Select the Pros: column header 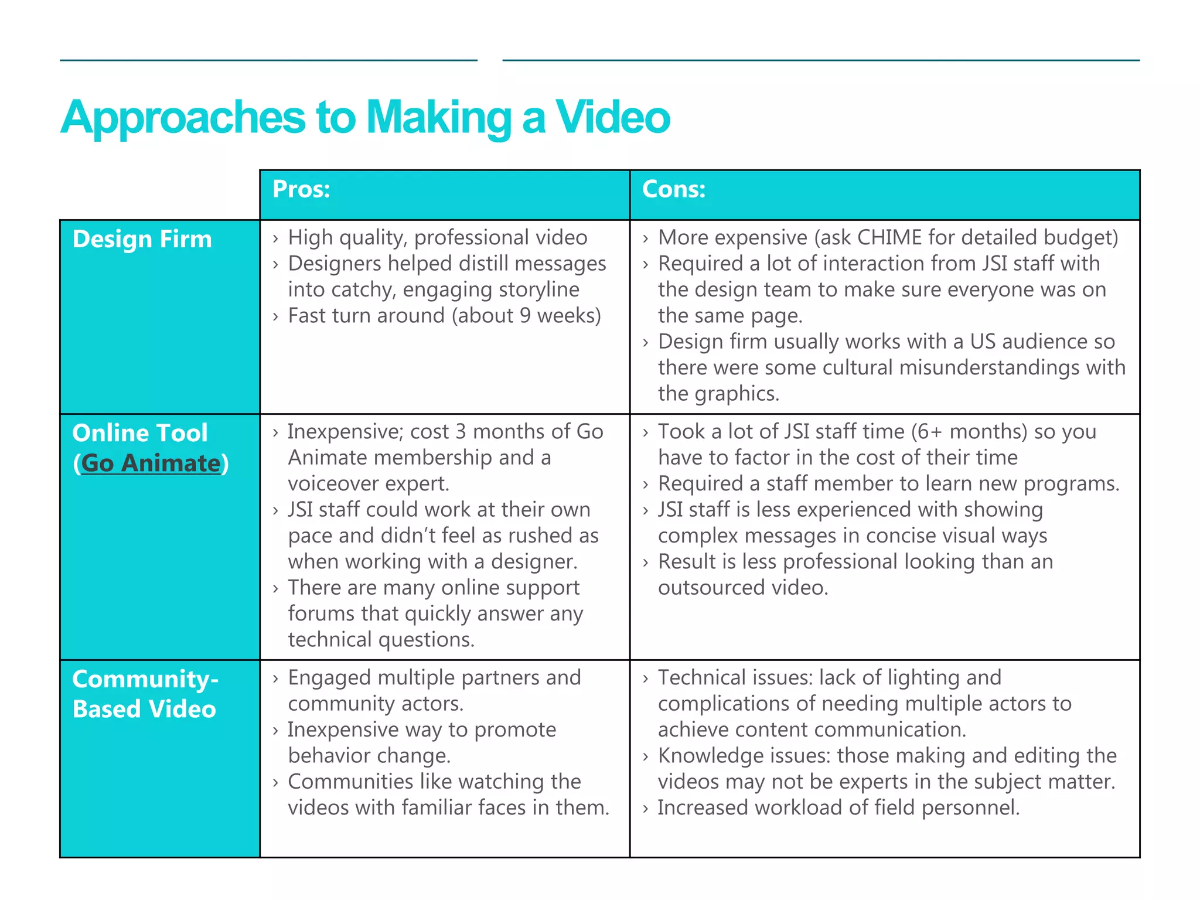[302, 189]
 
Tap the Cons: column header [673, 189]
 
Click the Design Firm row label [142, 239]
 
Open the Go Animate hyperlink [151, 463]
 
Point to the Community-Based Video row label [145, 694]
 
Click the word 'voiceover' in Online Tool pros [336, 483]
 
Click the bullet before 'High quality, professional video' [275, 238]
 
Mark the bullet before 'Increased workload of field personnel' [645, 809]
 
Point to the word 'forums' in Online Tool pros [322, 613]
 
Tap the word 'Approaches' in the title [183, 117]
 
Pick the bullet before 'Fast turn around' [275, 317]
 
